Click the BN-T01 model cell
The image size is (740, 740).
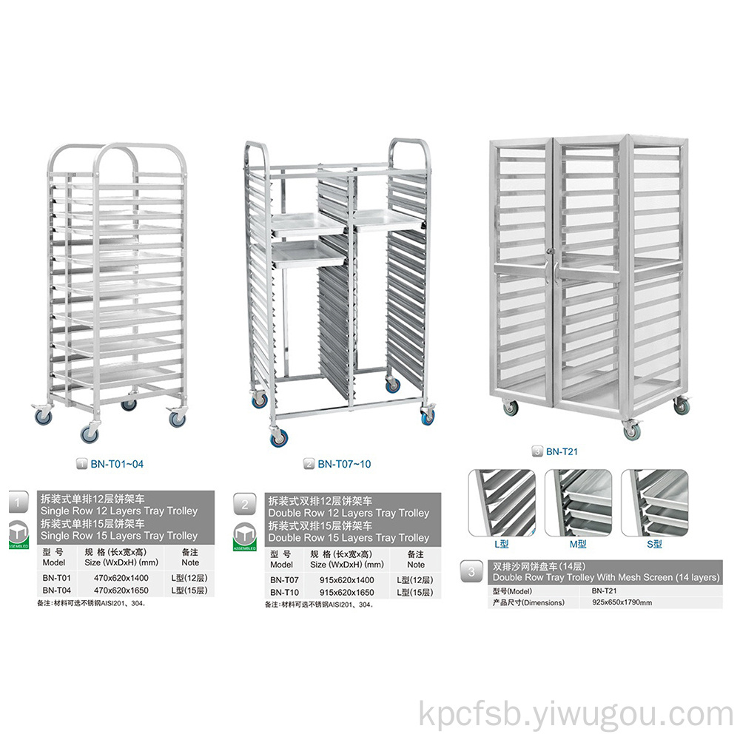coord(57,578)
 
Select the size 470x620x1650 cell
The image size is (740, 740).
coord(121,590)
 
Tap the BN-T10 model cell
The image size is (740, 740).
coord(284,592)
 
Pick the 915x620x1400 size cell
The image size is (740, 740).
coord(346,580)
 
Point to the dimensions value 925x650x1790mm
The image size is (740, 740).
coord(622,602)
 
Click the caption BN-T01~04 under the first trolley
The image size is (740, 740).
coord(117,464)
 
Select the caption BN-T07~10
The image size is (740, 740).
coord(344,464)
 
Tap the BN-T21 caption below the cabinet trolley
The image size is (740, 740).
coord(562,451)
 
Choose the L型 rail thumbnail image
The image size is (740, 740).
coord(502,502)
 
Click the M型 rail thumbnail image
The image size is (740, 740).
coord(578,502)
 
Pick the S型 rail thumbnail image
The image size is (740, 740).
coord(655,502)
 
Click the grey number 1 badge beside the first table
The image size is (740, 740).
coord(18,502)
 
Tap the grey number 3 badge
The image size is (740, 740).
coord(471,572)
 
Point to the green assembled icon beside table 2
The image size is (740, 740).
coord(244,537)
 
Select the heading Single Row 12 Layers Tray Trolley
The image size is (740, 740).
coord(119,511)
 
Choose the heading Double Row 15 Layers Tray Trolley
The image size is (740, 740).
coord(349,537)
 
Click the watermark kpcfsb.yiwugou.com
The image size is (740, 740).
coord(576,715)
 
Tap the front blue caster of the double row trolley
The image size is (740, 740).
coord(278,437)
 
